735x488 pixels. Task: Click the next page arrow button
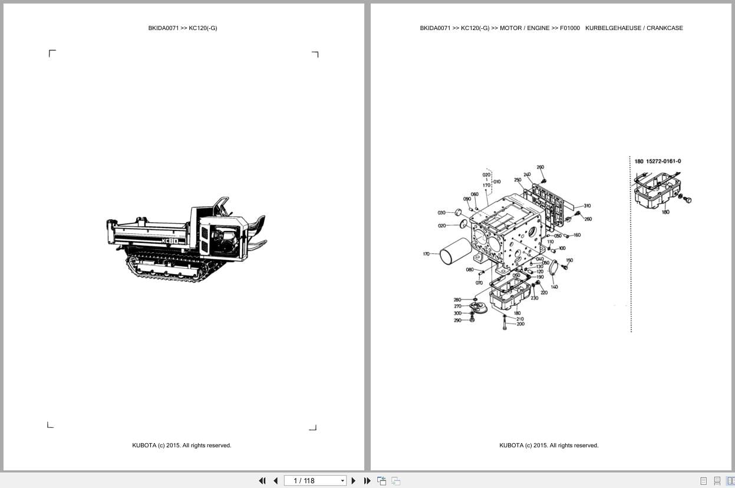[x=354, y=481]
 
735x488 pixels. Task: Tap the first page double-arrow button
[x=262, y=481]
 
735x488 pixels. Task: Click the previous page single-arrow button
[x=275, y=481]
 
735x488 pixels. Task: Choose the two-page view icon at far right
[x=730, y=481]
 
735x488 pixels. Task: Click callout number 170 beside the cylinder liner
[x=426, y=254]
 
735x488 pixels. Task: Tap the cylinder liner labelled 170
[x=456, y=255]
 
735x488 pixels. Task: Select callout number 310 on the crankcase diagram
[x=587, y=206]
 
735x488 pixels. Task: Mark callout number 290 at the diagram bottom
[x=457, y=320]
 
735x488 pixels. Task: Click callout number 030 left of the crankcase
[x=441, y=213]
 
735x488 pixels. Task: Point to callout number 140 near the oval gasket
[x=554, y=286]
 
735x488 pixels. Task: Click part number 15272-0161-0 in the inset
[x=663, y=161]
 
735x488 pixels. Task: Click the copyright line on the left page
[x=182, y=446]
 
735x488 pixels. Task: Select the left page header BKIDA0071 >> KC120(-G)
[x=183, y=28]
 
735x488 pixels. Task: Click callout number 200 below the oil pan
[x=520, y=324]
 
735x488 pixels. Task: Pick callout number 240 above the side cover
[x=527, y=174]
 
